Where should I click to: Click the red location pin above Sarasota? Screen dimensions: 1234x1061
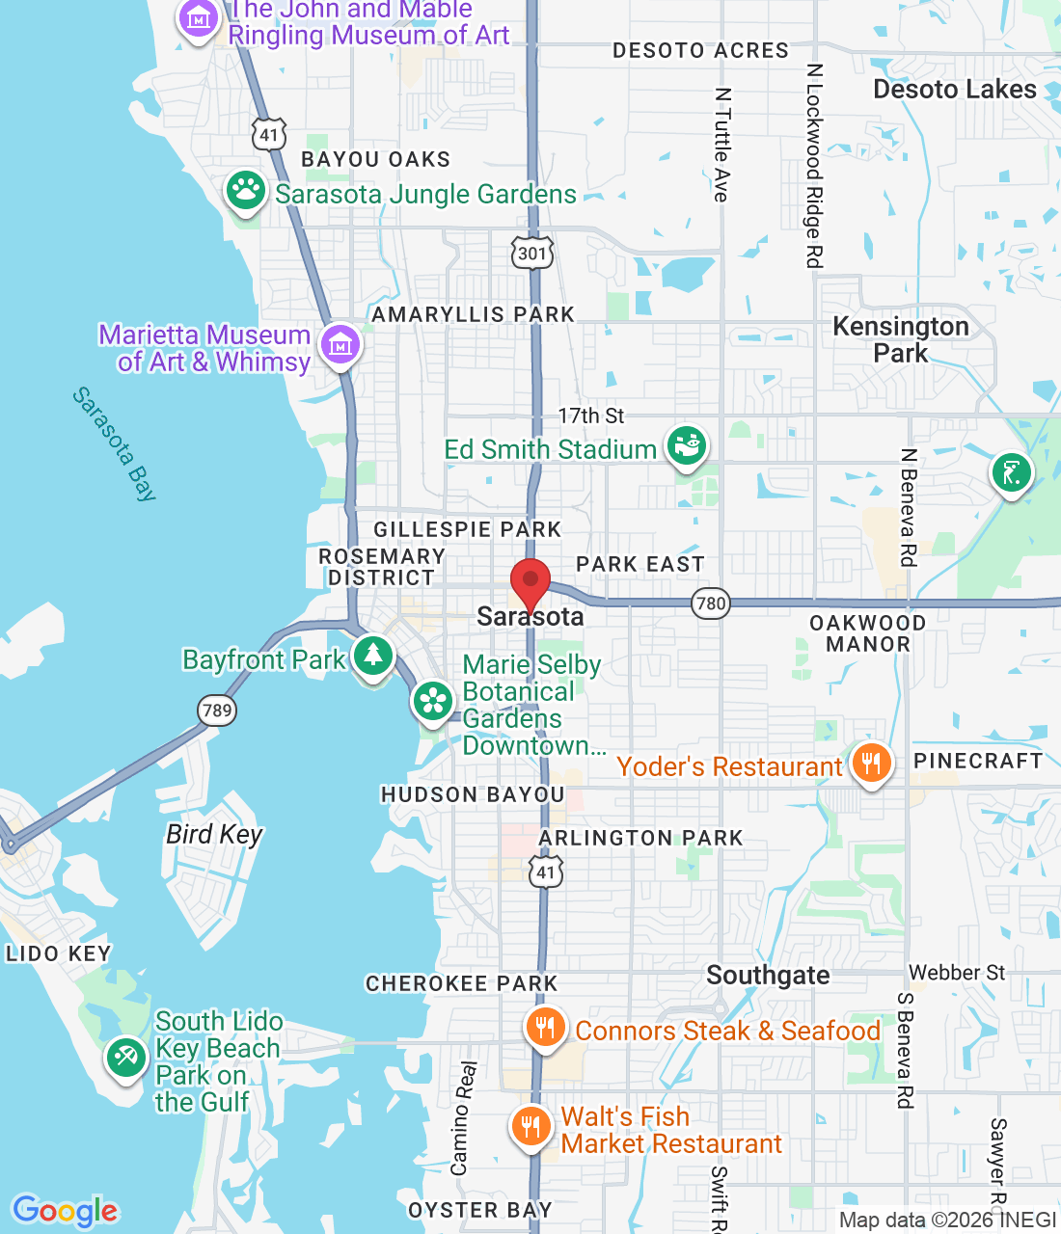tap(530, 582)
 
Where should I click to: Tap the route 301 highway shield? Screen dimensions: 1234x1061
tap(531, 254)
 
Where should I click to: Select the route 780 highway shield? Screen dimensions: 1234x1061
tap(711, 604)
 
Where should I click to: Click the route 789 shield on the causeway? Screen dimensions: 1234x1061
tap(217, 711)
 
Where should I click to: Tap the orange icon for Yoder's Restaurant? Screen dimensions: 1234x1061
tap(871, 765)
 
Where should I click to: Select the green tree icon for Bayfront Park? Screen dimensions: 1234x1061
tap(372, 657)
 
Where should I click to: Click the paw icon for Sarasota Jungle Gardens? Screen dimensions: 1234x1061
tap(246, 191)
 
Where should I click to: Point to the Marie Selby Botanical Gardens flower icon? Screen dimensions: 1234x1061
tap(433, 703)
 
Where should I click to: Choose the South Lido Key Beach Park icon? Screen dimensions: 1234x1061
tap(125, 1059)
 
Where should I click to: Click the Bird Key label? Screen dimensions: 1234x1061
tap(214, 834)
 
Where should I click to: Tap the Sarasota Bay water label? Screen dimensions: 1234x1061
tap(114, 443)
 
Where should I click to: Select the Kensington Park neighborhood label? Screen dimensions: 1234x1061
tap(900, 339)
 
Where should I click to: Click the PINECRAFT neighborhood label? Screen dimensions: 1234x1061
tap(978, 761)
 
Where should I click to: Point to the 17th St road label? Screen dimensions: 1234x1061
tap(590, 416)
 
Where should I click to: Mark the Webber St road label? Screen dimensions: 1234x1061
tap(957, 973)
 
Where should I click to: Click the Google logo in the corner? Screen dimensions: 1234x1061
tap(65, 1211)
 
